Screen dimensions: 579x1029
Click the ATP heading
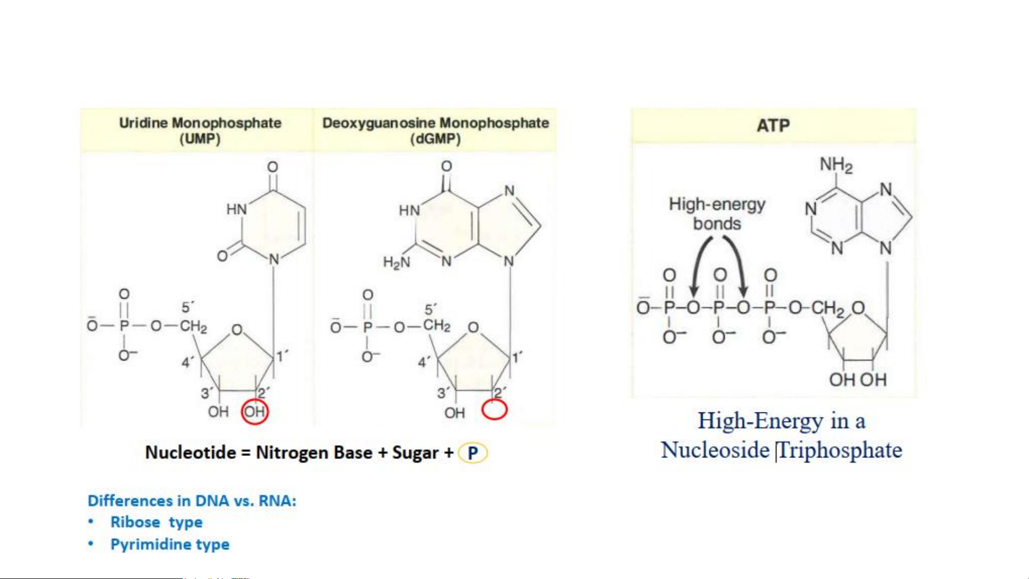[x=773, y=125]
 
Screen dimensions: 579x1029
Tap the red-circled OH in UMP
[x=254, y=411]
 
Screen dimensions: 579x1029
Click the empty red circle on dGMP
[x=494, y=410]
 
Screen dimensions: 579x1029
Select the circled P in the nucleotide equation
[x=472, y=453]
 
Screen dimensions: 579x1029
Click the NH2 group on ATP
[x=836, y=164]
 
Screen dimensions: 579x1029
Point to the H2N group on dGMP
[x=396, y=262]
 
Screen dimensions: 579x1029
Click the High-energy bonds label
[x=717, y=214]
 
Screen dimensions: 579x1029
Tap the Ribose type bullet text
[x=156, y=522]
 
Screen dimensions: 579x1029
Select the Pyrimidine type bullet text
[x=170, y=544]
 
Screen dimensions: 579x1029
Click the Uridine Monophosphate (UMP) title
[x=200, y=131]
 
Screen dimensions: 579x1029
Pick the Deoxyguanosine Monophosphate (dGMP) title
[x=435, y=131]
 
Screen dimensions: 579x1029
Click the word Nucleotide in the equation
[x=190, y=453]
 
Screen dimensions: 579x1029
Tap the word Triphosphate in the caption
[x=840, y=450]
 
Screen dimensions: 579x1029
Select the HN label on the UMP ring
[x=236, y=209]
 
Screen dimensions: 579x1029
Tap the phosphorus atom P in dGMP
[x=367, y=327]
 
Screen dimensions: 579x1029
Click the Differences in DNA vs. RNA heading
[x=192, y=501]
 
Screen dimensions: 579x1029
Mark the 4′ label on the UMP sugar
[x=187, y=363]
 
